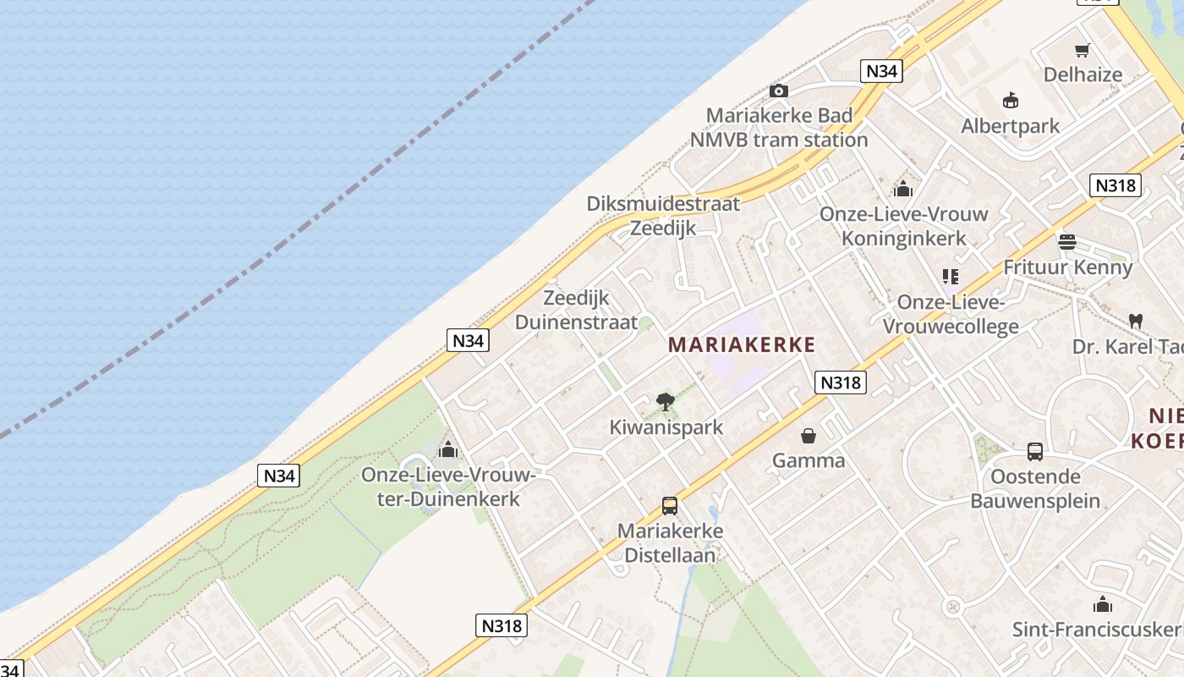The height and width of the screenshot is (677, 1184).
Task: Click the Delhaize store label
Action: point(1083,74)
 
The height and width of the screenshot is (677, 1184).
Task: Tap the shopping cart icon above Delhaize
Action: point(1082,51)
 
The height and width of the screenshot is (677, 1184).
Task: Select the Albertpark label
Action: point(1010,126)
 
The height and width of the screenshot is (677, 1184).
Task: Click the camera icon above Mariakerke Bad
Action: point(779,91)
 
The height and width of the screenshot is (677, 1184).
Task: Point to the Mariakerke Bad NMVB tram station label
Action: point(779,128)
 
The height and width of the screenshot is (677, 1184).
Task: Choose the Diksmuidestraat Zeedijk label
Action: point(663,216)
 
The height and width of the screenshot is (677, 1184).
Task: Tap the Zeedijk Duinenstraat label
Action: point(576,310)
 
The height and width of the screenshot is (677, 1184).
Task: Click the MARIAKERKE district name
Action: point(742,344)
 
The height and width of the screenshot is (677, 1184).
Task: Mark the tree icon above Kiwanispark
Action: point(666,401)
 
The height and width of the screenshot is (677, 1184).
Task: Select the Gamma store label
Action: point(809,460)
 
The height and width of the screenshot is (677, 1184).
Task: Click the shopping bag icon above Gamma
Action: point(809,436)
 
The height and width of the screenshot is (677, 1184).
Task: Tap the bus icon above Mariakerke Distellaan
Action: point(670,506)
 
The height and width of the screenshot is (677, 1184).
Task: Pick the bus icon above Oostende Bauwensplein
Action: point(1035,451)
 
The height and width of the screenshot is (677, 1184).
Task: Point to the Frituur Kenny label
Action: point(1067,267)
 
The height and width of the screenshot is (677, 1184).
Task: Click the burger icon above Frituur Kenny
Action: point(1067,242)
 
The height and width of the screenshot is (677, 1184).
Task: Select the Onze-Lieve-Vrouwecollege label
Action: point(951,315)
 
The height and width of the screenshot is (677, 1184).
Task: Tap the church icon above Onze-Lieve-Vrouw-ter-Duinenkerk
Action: point(448,449)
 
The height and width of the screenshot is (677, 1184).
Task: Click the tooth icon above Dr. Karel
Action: point(1136,321)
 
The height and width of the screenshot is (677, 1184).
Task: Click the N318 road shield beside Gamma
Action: point(841,383)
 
